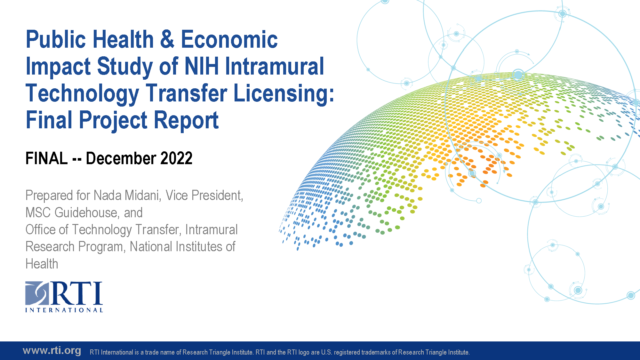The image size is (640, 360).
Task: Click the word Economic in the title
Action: coord(229,39)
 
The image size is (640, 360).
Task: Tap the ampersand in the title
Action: coord(167,39)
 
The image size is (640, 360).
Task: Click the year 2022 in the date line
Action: coord(176,158)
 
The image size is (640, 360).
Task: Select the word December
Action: coord(121,158)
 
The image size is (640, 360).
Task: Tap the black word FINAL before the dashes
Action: coord(47,158)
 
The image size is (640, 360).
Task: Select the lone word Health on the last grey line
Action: coord(42,264)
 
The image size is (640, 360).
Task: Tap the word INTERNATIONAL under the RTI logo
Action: coord(64,310)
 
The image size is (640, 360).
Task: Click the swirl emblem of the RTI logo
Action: coord(37,293)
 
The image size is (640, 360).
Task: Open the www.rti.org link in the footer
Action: coord(52,350)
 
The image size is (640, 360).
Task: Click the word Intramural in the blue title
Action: coord(275,66)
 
